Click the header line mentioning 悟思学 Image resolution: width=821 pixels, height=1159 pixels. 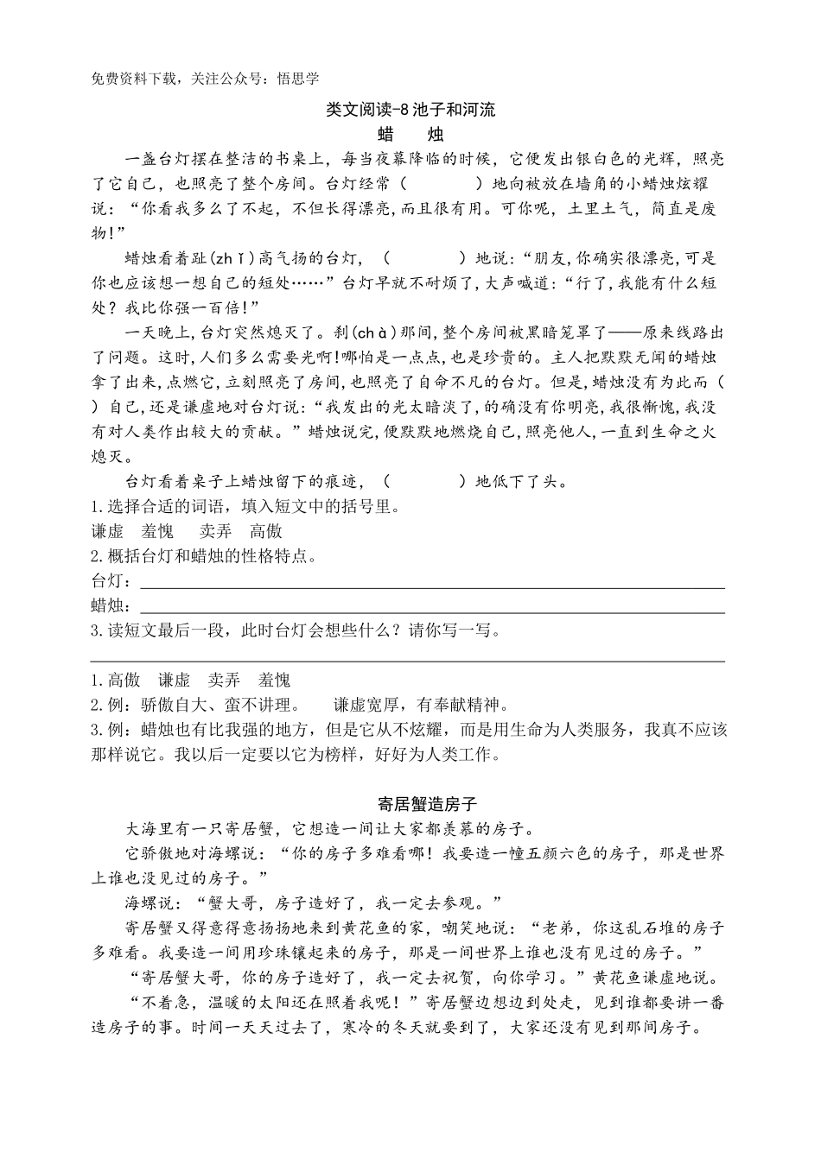pyautogui.click(x=205, y=79)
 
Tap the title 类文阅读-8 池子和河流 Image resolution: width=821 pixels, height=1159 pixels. pyautogui.click(x=410, y=111)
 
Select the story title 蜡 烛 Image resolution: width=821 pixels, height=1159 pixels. pyautogui.click(x=410, y=135)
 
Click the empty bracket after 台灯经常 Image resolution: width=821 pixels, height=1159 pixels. pyautogui.click(x=442, y=184)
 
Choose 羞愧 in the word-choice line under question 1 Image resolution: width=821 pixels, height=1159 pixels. pyautogui.click(x=157, y=531)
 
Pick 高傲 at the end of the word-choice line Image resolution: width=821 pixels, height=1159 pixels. pyautogui.click(x=266, y=531)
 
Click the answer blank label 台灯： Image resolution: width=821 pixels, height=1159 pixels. pyautogui.click(x=111, y=580)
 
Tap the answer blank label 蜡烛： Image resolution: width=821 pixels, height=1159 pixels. pyautogui.click(x=111, y=605)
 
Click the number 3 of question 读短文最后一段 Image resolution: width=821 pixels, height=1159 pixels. pyautogui.click(x=95, y=630)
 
